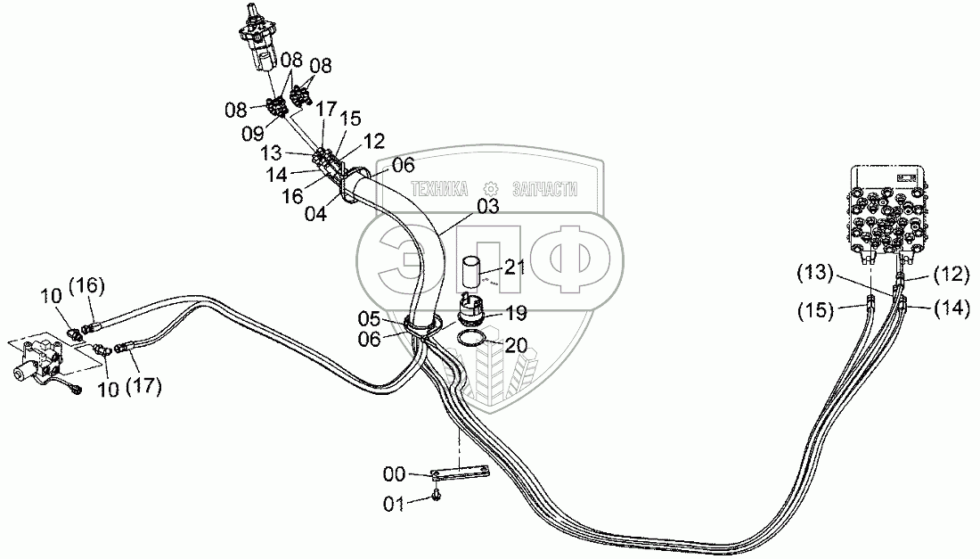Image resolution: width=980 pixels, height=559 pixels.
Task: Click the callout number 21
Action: coord(515,267)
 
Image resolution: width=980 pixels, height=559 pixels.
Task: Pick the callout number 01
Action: coord(394,505)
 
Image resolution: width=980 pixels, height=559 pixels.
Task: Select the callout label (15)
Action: coord(815,310)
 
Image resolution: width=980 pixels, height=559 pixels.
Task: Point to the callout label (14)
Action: coord(949,308)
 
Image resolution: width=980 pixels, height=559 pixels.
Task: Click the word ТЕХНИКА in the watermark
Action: coord(440,189)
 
